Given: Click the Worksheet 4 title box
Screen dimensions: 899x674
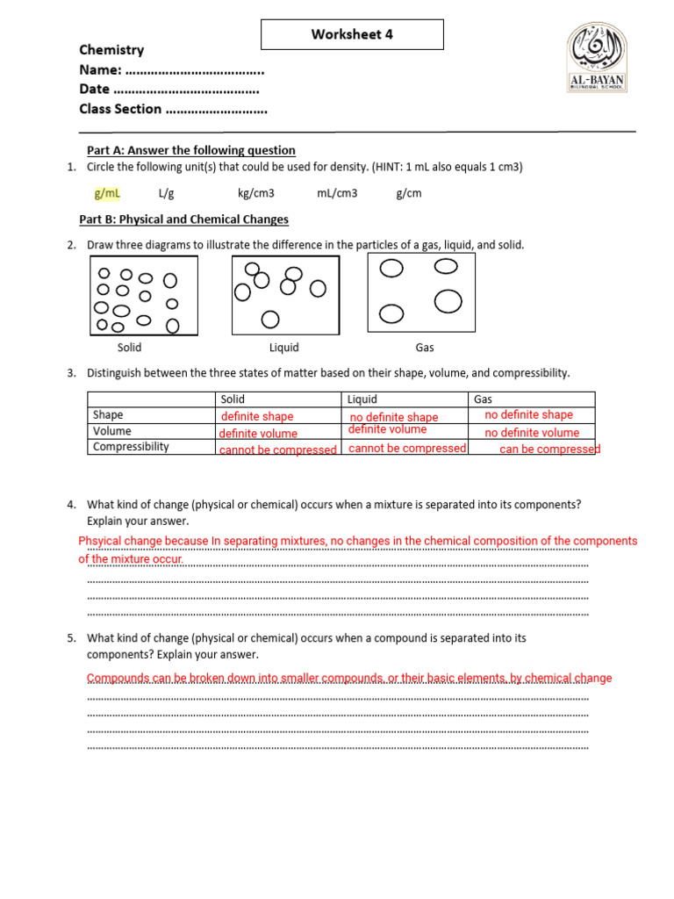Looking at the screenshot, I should click(x=352, y=35).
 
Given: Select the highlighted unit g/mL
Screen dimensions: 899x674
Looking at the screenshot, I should click(x=107, y=193).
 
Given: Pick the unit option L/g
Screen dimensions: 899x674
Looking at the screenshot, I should click(x=167, y=193).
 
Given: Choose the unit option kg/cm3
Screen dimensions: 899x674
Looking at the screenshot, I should click(x=255, y=193).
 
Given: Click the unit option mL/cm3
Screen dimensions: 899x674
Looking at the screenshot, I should click(x=337, y=193).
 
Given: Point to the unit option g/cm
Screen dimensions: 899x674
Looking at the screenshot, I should click(x=409, y=193).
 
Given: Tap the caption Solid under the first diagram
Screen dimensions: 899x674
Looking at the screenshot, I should click(x=129, y=348).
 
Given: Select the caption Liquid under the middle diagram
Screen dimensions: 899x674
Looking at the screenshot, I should click(x=283, y=348).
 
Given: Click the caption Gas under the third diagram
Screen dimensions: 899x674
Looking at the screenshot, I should click(x=425, y=348).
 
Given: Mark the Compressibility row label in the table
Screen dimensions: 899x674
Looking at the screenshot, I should click(x=131, y=447).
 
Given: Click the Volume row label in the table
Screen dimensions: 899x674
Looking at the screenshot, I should click(x=111, y=431).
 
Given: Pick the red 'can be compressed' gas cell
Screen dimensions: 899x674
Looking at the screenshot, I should click(x=549, y=449).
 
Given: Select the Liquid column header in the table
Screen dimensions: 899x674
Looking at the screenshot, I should click(x=362, y=399).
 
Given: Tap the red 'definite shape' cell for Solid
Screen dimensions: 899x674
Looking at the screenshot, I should click(x=257, y=416).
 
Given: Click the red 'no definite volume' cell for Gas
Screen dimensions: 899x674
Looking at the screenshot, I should click(x=532, y=433).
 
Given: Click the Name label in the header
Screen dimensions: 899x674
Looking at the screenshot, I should click(x=100, y=69).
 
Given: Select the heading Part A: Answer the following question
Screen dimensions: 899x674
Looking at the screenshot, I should click(x=190, y=150).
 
